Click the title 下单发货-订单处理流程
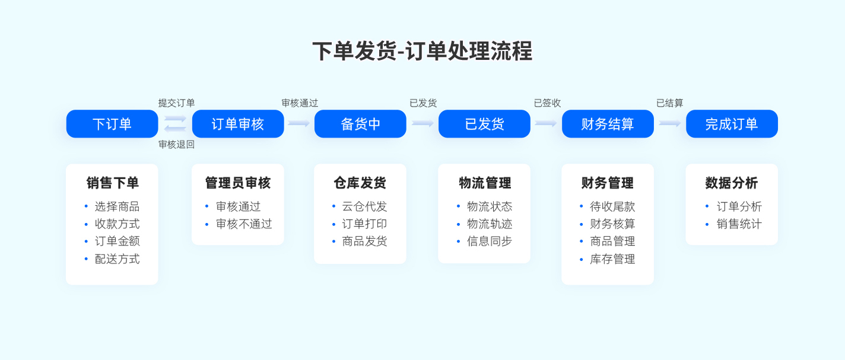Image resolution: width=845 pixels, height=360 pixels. pyautogui.click(x=422, y=51)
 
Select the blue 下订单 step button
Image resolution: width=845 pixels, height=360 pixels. pyautogui.click(x=112, y=123)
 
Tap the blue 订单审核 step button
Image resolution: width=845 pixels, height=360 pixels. pyautogui.click(x=237, y=123)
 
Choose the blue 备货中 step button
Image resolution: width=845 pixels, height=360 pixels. pyautogui.click(x=360, y=123)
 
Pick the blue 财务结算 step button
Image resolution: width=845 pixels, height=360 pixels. pyautogui.click(x=608, y=123)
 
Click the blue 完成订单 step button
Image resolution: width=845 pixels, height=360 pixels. pyautogui.click(x=732, y=123)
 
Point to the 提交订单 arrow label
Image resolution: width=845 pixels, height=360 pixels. pyautogui.click(x=176, y=103)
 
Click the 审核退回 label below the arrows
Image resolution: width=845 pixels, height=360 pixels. pyautogui.click(x=176, y=144)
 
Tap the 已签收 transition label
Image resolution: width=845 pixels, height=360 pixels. pyautogui.click(x=547, y=103)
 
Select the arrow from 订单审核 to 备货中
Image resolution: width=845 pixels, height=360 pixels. pyautogui.click(x=298, y=123)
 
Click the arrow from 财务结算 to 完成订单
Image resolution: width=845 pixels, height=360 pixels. pyautogui.click(x=669, y=123)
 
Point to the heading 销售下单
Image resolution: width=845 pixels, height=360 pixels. pyautogui.click(x=112, y=183)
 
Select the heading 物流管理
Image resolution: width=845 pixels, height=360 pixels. pyautogui.click(x=485, y=183)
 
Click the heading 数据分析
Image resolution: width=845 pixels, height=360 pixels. pyautogui.click(x=732, y=183)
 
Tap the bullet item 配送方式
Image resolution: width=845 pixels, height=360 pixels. pyautogui.click(x=117, y=259)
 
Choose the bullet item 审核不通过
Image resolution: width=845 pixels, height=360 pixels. pyautogui.click(x=244, y=224)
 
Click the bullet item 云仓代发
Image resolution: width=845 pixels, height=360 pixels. pyautogui.click(x=364, y=206)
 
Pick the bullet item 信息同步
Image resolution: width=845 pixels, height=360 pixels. pyautogui.click(x=490, y=241)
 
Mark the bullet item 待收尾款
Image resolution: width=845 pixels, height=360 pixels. pyautogui.click(x=612, y=206)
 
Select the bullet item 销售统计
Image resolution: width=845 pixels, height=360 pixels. pyautogui.click(x=739, y=224)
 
